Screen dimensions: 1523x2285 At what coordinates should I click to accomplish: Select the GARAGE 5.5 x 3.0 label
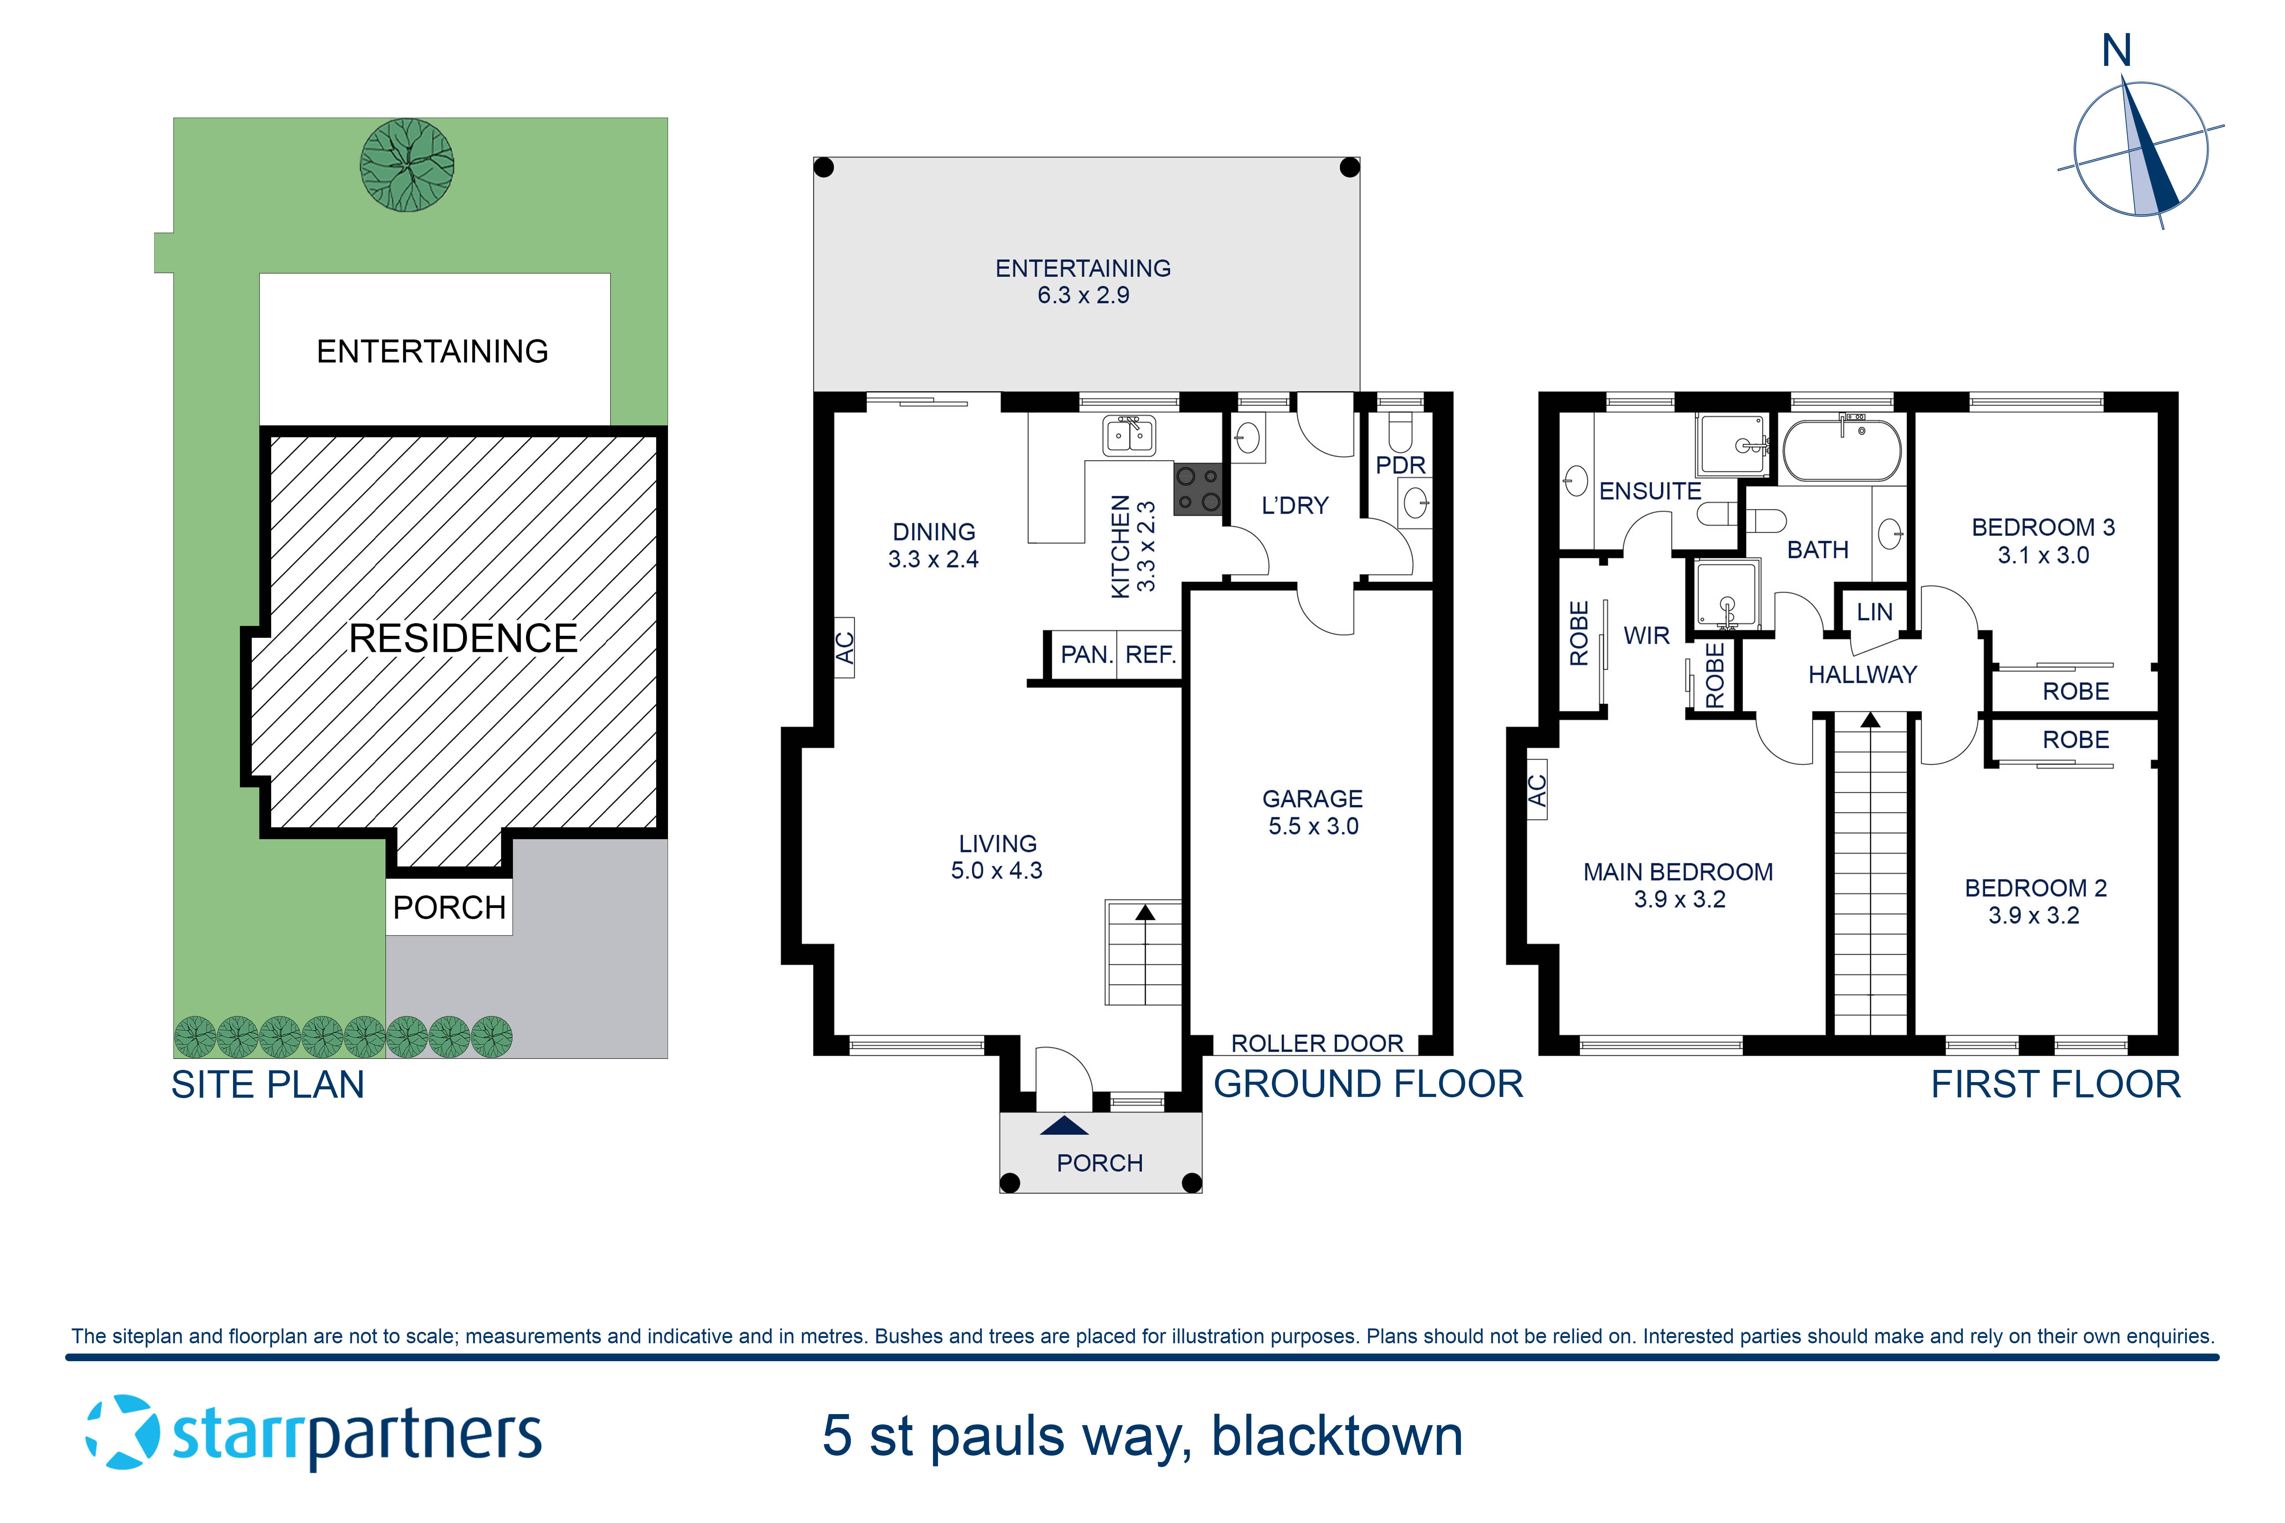[x=1312, y=812]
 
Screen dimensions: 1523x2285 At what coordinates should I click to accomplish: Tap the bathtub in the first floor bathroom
[x=1842, y=451]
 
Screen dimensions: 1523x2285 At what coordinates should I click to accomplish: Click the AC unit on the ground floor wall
[x=844, y=647]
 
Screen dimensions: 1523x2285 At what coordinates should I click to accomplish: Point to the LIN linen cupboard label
[x=1874, y=612]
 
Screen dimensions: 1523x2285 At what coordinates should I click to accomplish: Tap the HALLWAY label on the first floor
[x=1862, y=674]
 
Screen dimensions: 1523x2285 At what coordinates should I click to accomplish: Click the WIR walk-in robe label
[x=1646, y=635]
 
